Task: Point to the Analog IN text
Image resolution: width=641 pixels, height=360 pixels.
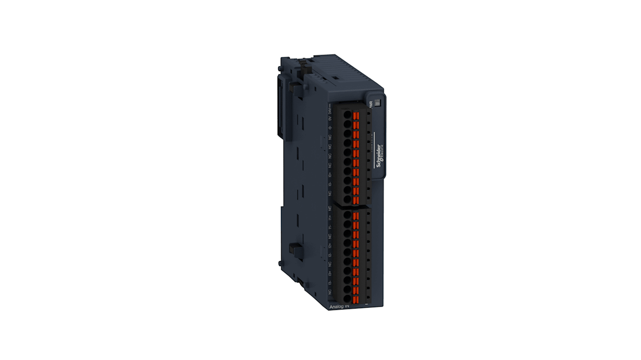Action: (x=338, y=307)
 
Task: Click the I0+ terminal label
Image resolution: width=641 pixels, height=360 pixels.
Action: (x=330, y=174)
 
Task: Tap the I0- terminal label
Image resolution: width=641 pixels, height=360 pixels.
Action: (x=330, y=184)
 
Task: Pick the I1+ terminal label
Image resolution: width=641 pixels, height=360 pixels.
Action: (x=330, y=217)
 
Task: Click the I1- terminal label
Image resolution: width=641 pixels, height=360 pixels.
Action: (x=330, y=227)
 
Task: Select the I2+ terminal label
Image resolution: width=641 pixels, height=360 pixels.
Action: (x=330, y=246)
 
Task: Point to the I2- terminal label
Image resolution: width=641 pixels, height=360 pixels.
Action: (x=330, y=255)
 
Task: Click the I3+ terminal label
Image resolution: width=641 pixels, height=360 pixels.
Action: (x=330, y=274)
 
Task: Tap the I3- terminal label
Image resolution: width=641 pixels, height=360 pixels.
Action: (x=330, y=283)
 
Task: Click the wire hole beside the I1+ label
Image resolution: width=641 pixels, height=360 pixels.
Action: (x=347, y=215)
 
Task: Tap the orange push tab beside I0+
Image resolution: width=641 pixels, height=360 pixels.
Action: (x=356, y=173)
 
